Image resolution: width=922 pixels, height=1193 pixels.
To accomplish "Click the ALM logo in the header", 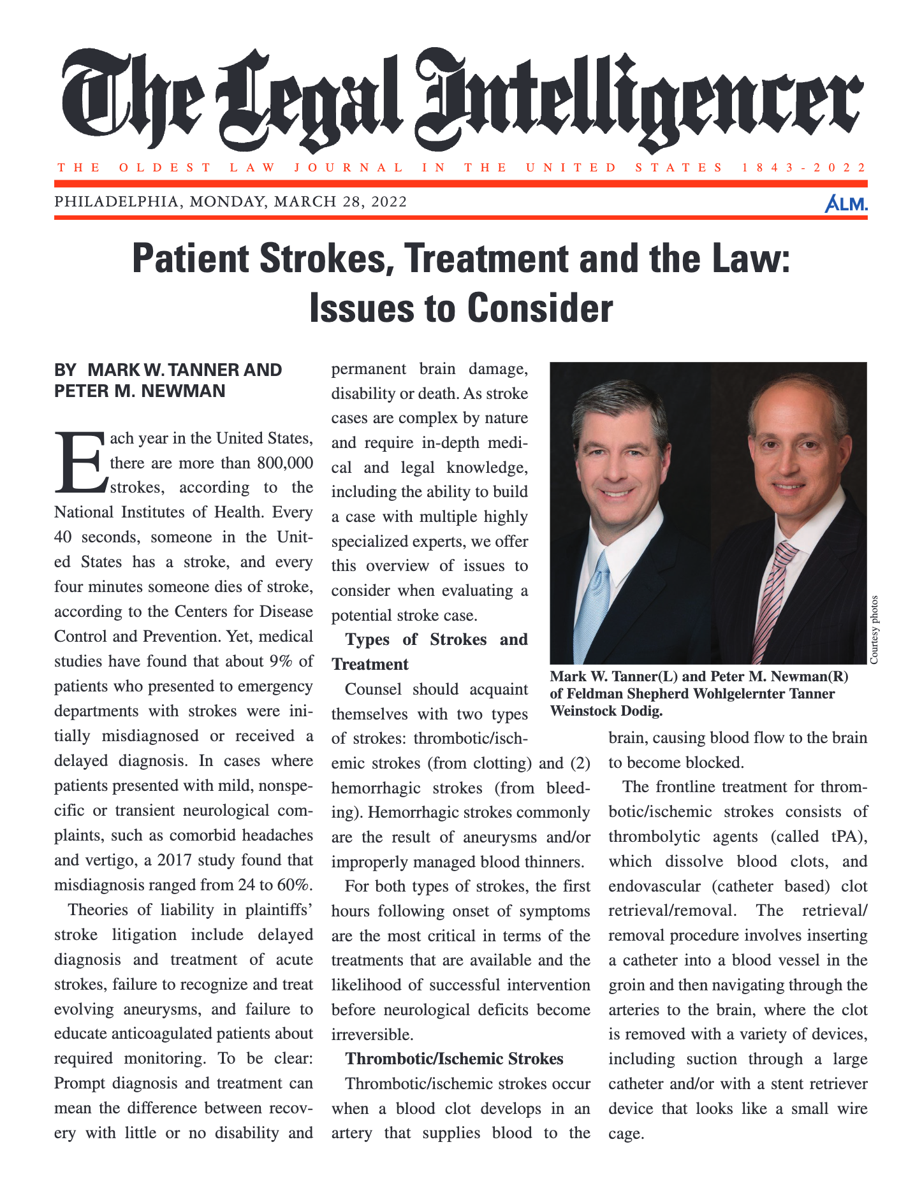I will click(845, 204).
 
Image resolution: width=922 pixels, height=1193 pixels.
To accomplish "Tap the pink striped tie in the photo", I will click(773, 599).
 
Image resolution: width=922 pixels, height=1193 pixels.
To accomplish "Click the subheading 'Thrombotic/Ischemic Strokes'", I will click(454, 1059).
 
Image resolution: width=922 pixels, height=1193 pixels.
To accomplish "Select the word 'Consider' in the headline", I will click(539, 308).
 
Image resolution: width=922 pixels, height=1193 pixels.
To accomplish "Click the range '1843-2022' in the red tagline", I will click(804, 168).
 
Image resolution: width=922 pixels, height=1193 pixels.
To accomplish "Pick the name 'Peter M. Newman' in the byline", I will click(140, 391).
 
